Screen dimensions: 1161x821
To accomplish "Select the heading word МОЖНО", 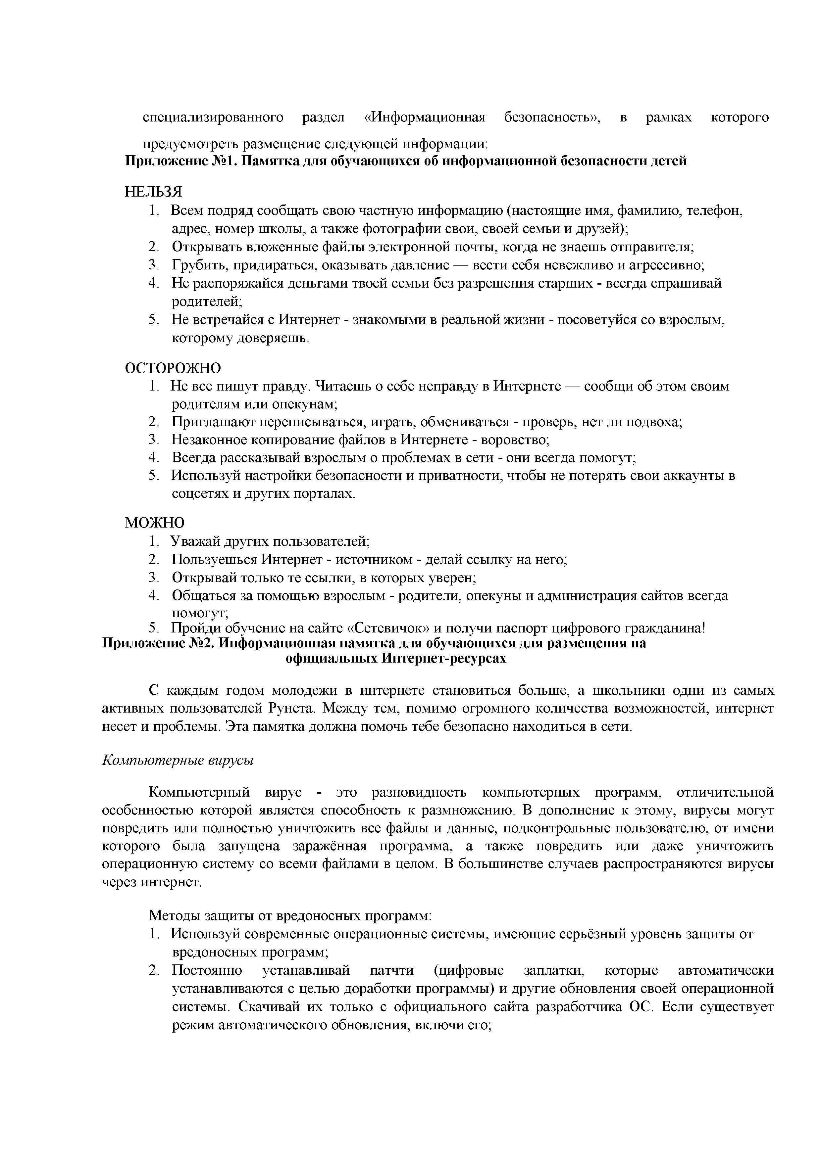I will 155,522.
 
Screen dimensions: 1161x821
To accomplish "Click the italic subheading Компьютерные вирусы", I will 178,760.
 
